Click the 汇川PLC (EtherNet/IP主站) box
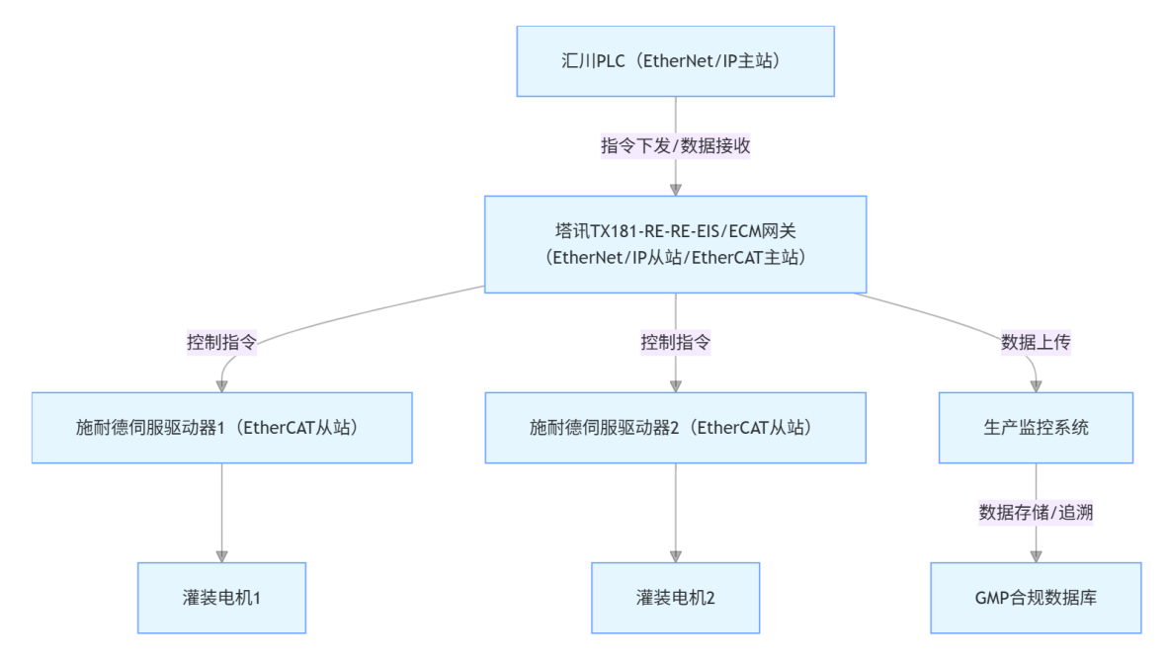coord(675,61)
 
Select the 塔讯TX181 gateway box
coord(675,244)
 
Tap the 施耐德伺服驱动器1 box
coord(221,428)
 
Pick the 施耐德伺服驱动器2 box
coord(675,428)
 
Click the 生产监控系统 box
coord(1036,428)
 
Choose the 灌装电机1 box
coord(221,598)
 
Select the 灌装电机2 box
coord(675,598)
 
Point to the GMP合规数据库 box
coord(1036,598)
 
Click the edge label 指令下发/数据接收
coord(675,145)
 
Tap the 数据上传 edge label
coord(1036,343)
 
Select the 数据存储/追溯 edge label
coord(1036,513)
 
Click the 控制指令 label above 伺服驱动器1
coord(221,343)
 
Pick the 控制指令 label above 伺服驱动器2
coord(675,343)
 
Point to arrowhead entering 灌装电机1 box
coord(221,555)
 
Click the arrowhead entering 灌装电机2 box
coord(675,555)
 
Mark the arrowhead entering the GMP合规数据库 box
coord(1036,555)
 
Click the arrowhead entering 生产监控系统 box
coord(1036,385)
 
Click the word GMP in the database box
coord(991,598)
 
